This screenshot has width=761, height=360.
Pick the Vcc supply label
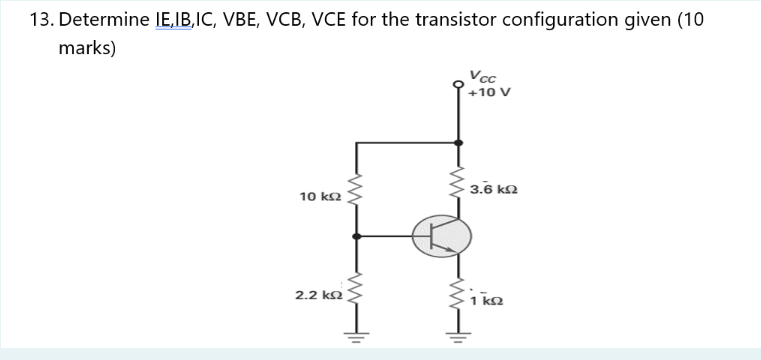pyautogui.click(x=483, y=76)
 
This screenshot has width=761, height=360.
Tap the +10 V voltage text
pyautogui.click(x=489, y=92)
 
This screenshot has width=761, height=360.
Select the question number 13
pyautogui.click(x=39, y=20)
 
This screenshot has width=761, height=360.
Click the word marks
pyautogui.click(x=87, y=48)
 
